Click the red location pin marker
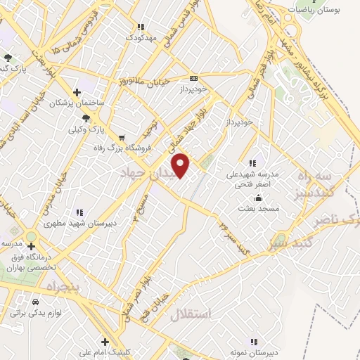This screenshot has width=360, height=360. click(x=181, y=165)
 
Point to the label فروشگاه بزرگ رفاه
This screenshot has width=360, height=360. click(x=124, y=148)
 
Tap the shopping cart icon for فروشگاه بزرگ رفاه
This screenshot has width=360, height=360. click(x=123, y=137)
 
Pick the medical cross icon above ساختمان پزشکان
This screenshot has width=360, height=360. click(x=77, y=92)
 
